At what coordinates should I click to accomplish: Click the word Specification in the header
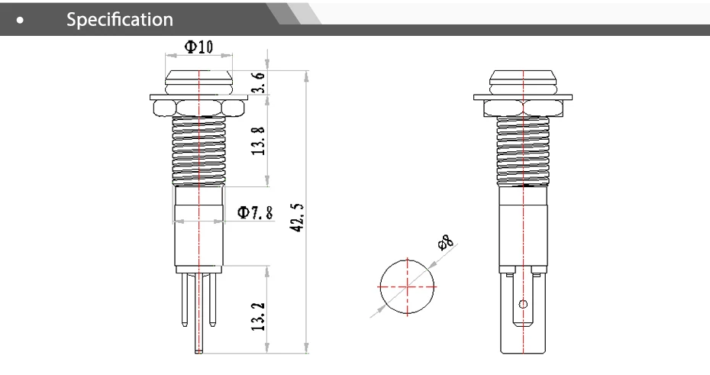[x=120, y=19]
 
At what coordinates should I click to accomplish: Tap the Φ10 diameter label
[x=198, y=47]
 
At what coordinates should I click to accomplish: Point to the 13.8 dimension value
[x=260, y=140]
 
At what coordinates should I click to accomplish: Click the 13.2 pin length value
[x=260, y=315]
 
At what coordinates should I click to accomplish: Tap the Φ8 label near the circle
[x=445, y=244]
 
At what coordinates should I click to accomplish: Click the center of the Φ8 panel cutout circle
[x=408, y=287]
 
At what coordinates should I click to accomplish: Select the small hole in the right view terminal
[x=523, y=304]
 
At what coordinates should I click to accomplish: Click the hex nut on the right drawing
[x=523, y=106]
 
